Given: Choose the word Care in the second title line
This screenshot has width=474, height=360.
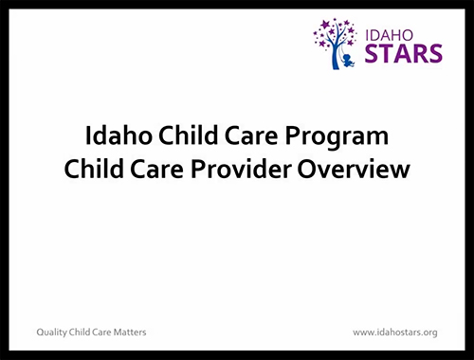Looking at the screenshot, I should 156,171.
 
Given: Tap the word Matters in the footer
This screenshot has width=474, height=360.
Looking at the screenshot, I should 129,333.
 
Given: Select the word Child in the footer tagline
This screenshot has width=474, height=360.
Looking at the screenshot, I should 82,333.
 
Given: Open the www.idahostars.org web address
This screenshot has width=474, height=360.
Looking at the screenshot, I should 394,333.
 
